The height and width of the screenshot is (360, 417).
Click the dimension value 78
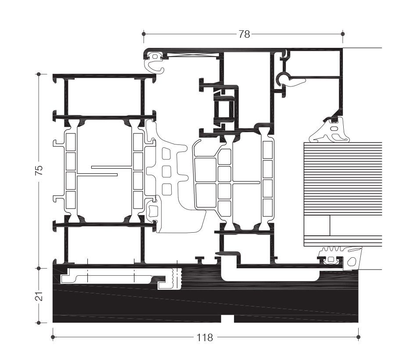point(244,34)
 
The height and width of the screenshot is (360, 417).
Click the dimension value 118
point(205,338)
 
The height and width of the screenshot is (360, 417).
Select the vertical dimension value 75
point(39,170)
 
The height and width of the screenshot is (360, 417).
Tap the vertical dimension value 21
point(39,296)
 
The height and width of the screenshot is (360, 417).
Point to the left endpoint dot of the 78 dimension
point(144,34)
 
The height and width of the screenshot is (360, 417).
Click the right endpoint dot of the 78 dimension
point(342,34)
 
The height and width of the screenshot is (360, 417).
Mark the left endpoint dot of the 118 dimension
point(53,337)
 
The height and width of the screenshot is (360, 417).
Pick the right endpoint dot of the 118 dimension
point(358,337)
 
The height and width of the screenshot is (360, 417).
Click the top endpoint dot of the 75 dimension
point(39,74)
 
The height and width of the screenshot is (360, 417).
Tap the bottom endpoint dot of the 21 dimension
point(39,323)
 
